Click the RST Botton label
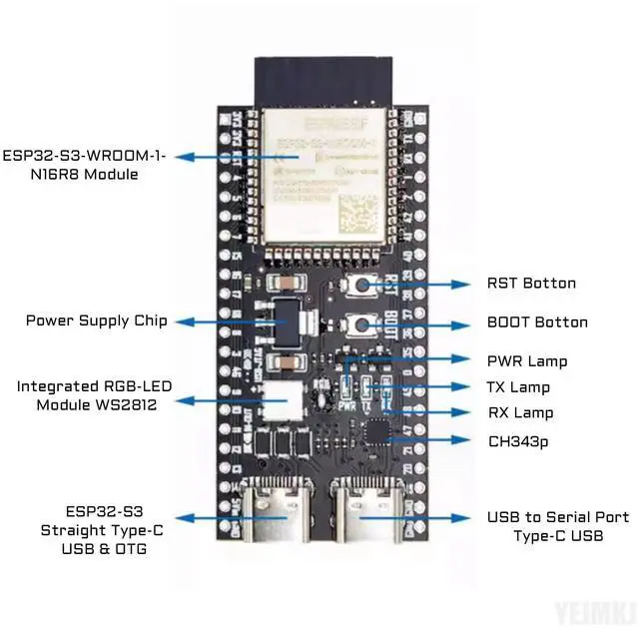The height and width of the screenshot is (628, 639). pos(530,284)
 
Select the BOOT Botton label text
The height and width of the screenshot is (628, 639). pos(536,322)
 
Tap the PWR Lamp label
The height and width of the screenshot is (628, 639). pos(526,361)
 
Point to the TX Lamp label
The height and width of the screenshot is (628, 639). pos(518,387)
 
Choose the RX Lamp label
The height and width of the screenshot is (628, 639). pos(519,413)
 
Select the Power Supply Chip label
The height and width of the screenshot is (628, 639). pos(96,321)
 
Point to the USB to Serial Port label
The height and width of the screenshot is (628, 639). pos(558,517)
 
